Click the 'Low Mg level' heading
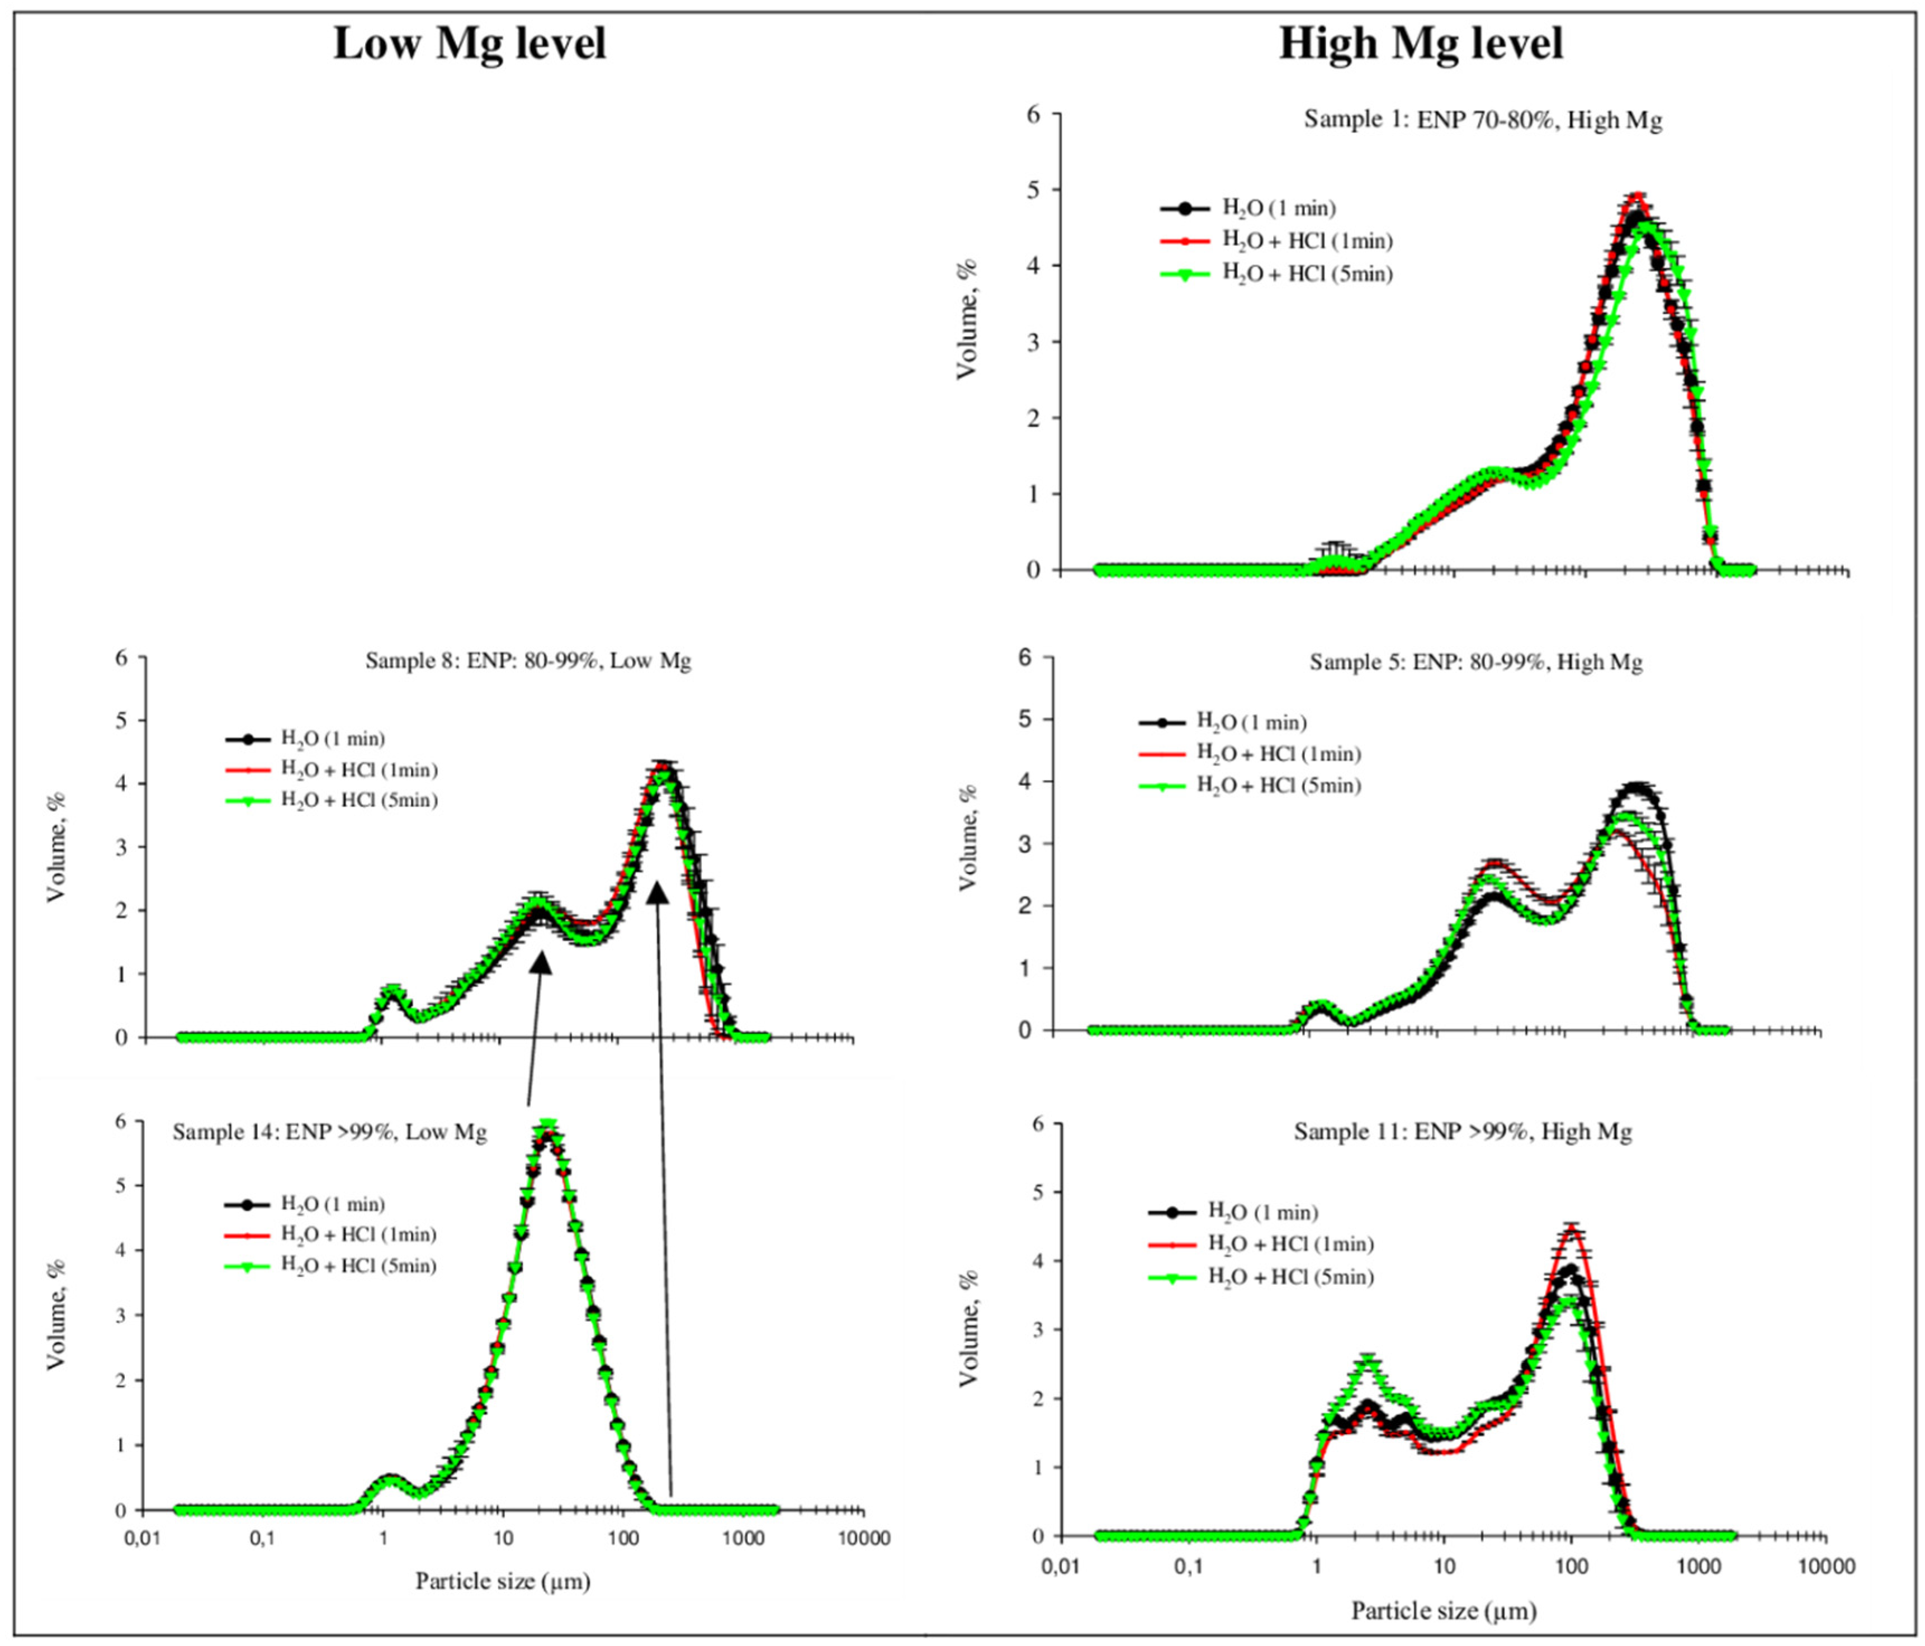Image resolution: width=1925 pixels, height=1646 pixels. pyautogui.click(x=469, y=44)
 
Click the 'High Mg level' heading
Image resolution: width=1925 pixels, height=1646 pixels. pyautogui.click(x=1421, y=44)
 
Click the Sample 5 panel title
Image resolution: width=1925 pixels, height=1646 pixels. pyautogui.click(x=1476, y=663)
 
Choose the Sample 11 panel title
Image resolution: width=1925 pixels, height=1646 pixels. pyautogui.click(x=1463, y=1132)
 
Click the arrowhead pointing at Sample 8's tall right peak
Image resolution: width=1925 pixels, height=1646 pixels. pyautogui.click(x=657, y=893)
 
